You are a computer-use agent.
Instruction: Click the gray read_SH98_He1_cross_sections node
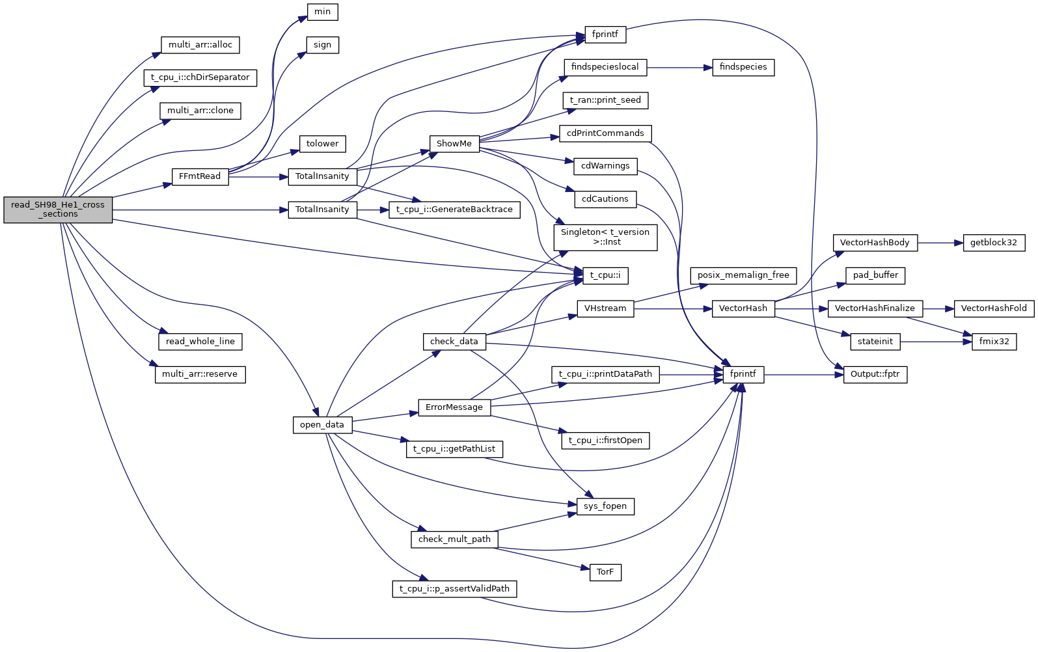click(x=58, y=210)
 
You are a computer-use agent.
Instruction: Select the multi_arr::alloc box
click(x=200, y=45)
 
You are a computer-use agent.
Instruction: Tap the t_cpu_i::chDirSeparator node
click(x=200, y=77)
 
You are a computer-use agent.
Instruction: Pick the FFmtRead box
click(x=200, y=176)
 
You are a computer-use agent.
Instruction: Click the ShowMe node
click(x=454, y=144)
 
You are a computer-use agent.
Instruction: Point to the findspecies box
click(x=743, y=67)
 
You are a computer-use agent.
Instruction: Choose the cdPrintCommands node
click(x=605, y=133)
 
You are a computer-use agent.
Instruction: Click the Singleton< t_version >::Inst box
click(x=605, y=237)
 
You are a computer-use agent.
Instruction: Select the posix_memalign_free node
click(x=743, y=275)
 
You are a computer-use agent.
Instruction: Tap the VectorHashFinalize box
click(x=875, y=308)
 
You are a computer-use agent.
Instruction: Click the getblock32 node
click(x=993, y=243)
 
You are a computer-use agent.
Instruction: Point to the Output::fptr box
click(x=875, y=374)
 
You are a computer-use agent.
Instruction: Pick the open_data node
click(x=322, y=425)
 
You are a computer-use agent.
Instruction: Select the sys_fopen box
click(x=605, y=506)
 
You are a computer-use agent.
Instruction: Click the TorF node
click(x=605, y=572)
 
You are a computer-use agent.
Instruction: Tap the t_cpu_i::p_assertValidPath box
click(x=454, y=589)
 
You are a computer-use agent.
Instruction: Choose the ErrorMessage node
click(x=454, y=407)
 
